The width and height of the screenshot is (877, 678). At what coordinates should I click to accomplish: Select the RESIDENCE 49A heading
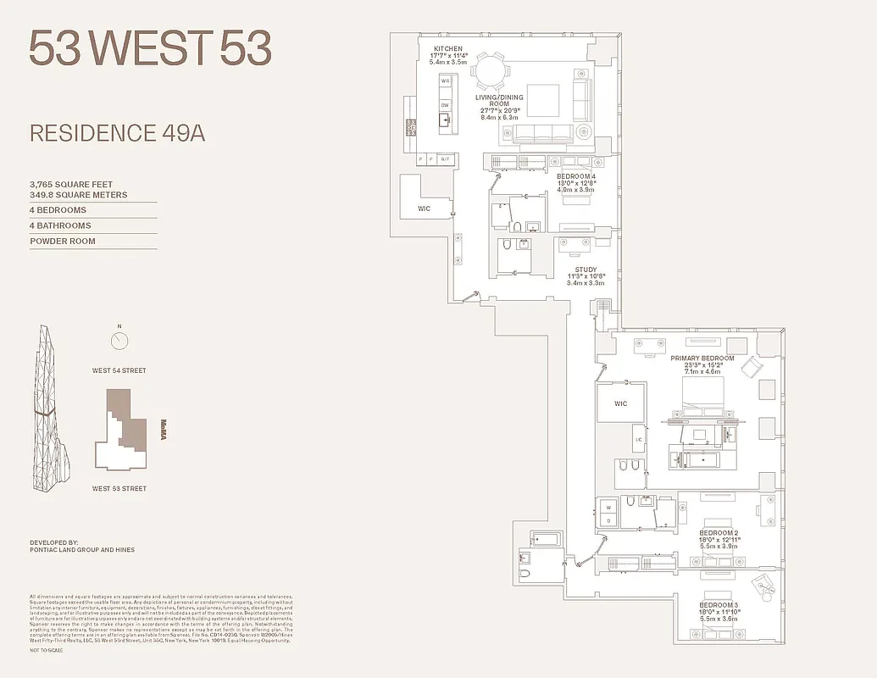coord(117,133)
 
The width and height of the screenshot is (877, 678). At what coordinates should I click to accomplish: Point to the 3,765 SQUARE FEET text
coord(71,184)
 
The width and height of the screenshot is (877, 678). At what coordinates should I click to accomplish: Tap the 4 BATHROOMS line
coord(60,225)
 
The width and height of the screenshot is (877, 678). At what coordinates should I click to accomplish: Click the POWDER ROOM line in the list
coord(63,242)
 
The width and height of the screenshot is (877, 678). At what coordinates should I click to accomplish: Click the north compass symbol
coord(119,341)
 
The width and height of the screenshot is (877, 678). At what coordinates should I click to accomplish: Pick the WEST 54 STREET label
coord(119,370)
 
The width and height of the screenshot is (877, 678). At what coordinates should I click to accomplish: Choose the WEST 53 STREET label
coord(119,488)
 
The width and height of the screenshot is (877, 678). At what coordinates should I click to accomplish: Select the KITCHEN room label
coord(447,48)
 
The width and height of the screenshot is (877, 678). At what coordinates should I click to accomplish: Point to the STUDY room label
coord(586,270)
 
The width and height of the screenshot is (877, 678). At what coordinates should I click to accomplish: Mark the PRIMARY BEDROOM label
coord(702,358)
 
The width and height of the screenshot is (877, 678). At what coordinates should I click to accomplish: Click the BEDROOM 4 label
coord(576,176)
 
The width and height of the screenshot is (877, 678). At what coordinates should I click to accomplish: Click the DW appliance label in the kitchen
coord(444,104)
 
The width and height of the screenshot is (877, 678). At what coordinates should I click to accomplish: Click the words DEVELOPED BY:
coord(53,541)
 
